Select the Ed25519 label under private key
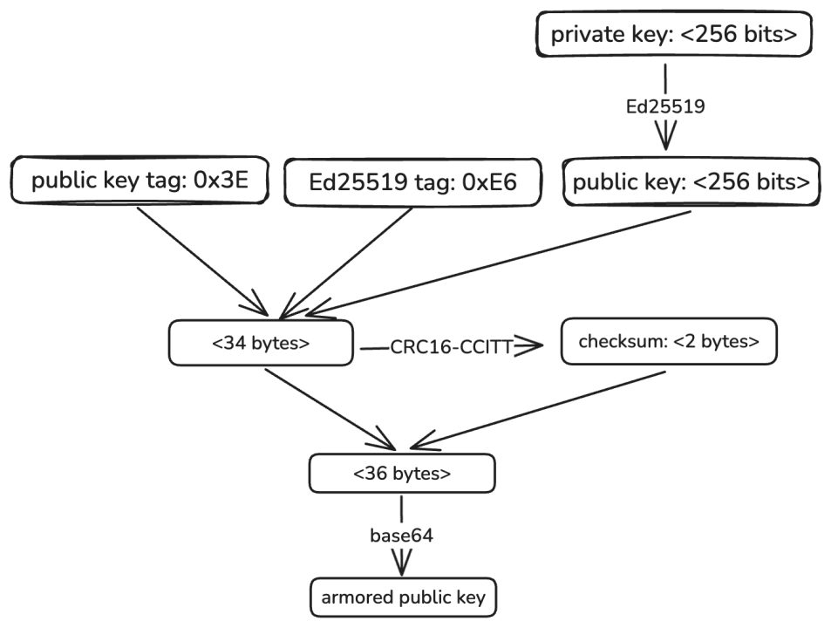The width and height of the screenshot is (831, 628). click(664, 106)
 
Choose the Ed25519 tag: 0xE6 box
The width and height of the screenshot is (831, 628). click(413, 182)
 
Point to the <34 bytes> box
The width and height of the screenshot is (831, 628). click(261, 343)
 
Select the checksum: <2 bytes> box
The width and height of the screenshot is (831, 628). click(668, 341)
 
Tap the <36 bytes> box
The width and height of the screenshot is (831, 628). click(402, 474)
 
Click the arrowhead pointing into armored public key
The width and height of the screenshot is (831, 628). click(401, 565)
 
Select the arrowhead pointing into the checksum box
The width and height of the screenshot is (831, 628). click(534, 347)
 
